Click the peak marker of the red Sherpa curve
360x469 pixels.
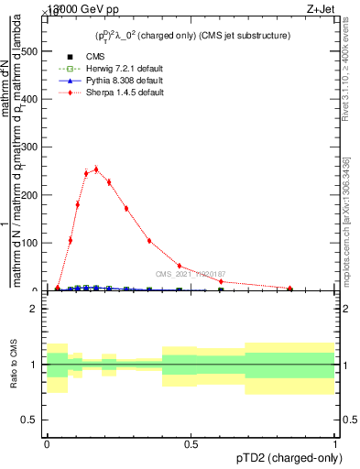click(x=96, y=169)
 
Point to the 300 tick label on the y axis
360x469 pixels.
click(x=29, y=147)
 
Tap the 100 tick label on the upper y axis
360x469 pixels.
click(x=29, y=243)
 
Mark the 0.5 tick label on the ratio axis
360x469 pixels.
click(x=31, y=420)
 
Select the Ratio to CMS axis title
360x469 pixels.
click(x=13, y=365)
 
